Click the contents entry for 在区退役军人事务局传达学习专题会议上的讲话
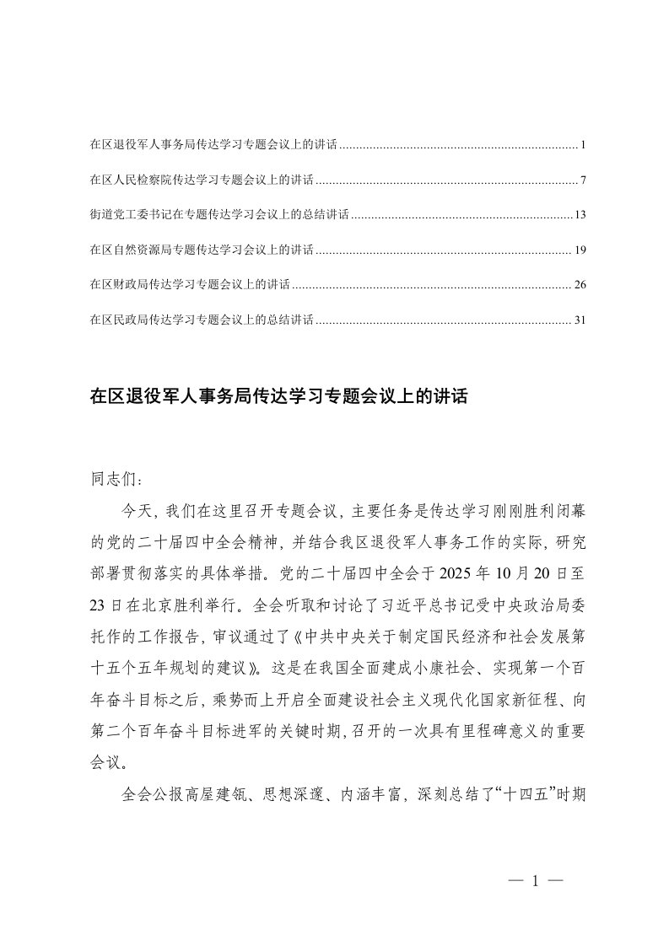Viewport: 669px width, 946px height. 213,146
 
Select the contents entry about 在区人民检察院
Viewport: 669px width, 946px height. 202,180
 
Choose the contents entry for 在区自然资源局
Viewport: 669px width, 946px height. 202,250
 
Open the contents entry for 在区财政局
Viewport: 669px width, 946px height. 190,285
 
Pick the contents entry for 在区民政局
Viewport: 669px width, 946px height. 202,320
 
